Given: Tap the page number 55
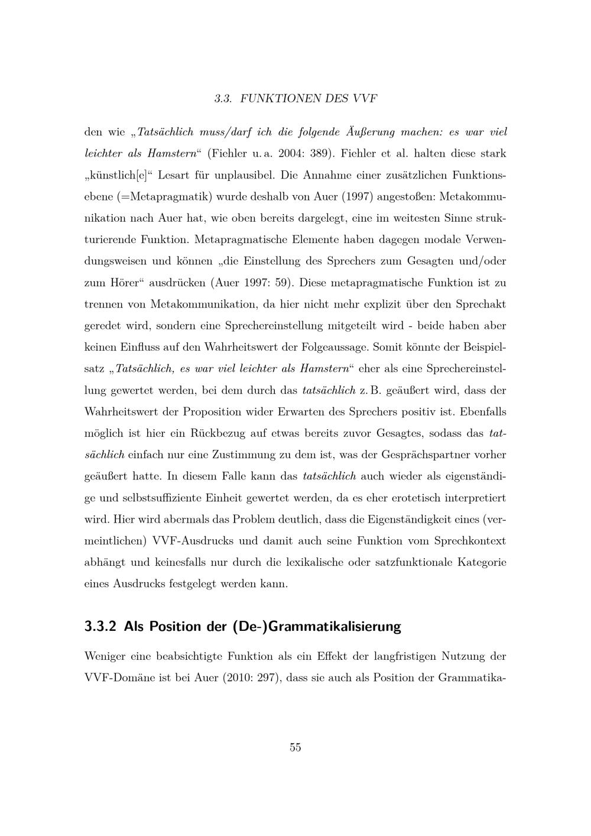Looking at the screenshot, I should [x=295, y=747].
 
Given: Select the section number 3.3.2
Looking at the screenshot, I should [x=102, y=627].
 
